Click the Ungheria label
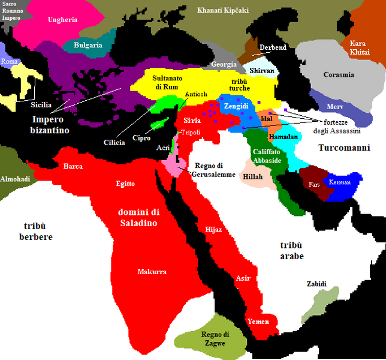click(63, 20)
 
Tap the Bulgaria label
click(88, 45)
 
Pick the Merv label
click(335, 106)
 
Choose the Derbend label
click(273, 47)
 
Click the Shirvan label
click(263, 70)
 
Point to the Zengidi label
click(236, 105)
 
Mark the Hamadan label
click(284, 137)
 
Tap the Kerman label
click(340, 182)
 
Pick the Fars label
click(315, 185)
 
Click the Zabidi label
click(316, 283)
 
